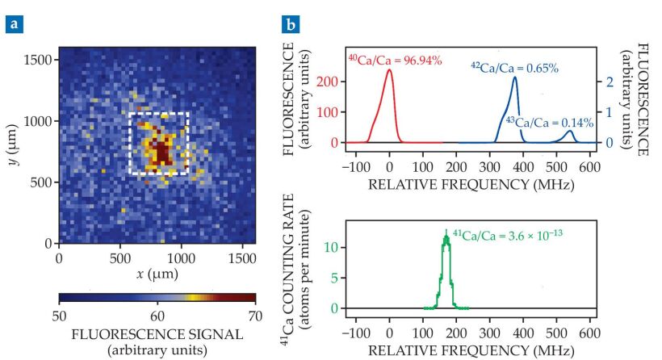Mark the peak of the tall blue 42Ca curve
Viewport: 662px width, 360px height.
pos(514,77)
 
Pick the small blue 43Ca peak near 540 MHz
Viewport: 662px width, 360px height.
pos(570,131)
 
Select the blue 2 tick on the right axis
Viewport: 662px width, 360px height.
pos(611,82)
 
